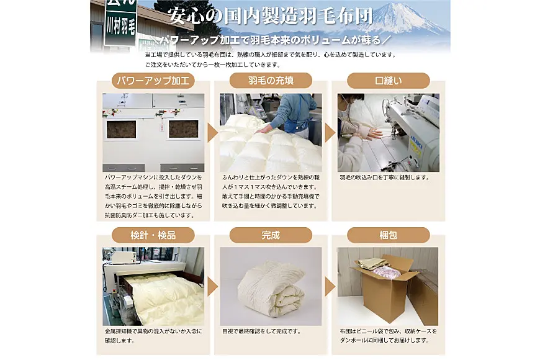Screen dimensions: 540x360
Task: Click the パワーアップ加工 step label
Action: point(153,81)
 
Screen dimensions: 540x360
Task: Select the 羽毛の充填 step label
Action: point(271,81)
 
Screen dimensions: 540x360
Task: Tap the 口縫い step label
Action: point(388,81)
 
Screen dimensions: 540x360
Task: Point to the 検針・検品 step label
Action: point(153,235)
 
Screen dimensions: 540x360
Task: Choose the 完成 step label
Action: point(271,235)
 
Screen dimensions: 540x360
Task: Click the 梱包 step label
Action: point(388,235)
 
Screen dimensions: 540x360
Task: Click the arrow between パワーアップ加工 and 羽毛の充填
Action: point(212,133)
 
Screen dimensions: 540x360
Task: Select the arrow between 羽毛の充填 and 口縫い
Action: point(330,133)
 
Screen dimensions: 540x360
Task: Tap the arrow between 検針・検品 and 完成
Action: point(212,287)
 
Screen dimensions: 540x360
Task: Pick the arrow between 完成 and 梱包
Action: point(330,287)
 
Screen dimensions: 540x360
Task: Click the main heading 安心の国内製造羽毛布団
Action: point(271,16)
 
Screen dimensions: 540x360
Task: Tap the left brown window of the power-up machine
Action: point(121,130)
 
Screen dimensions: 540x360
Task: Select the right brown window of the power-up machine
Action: point(183,129)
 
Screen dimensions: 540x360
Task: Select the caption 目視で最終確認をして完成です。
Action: point(262,331)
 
